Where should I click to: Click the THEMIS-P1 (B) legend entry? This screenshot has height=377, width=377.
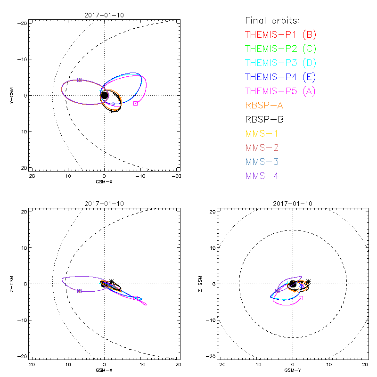tap(281, 34)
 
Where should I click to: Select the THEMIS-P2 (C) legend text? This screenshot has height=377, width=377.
tap(281, 49)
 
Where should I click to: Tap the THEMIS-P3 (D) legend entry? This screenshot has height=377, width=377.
tap(281, 63)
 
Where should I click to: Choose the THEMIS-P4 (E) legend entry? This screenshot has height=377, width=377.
tap(281, 77)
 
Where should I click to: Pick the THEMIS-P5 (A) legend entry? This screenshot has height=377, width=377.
tap(281, 91)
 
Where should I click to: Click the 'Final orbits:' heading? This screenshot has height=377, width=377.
tap(273, 20)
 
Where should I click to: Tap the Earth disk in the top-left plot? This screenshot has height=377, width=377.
tap(105, 96)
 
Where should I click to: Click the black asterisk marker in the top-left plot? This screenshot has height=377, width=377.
tap(112, 111)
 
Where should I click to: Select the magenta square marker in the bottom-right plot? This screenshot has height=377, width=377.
tap(301, 298)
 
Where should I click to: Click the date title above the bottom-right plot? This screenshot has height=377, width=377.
tap(293, 204)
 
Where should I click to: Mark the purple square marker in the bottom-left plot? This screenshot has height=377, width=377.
tap(79, 291)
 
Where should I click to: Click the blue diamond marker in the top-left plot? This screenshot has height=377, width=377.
tap(113, 104)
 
